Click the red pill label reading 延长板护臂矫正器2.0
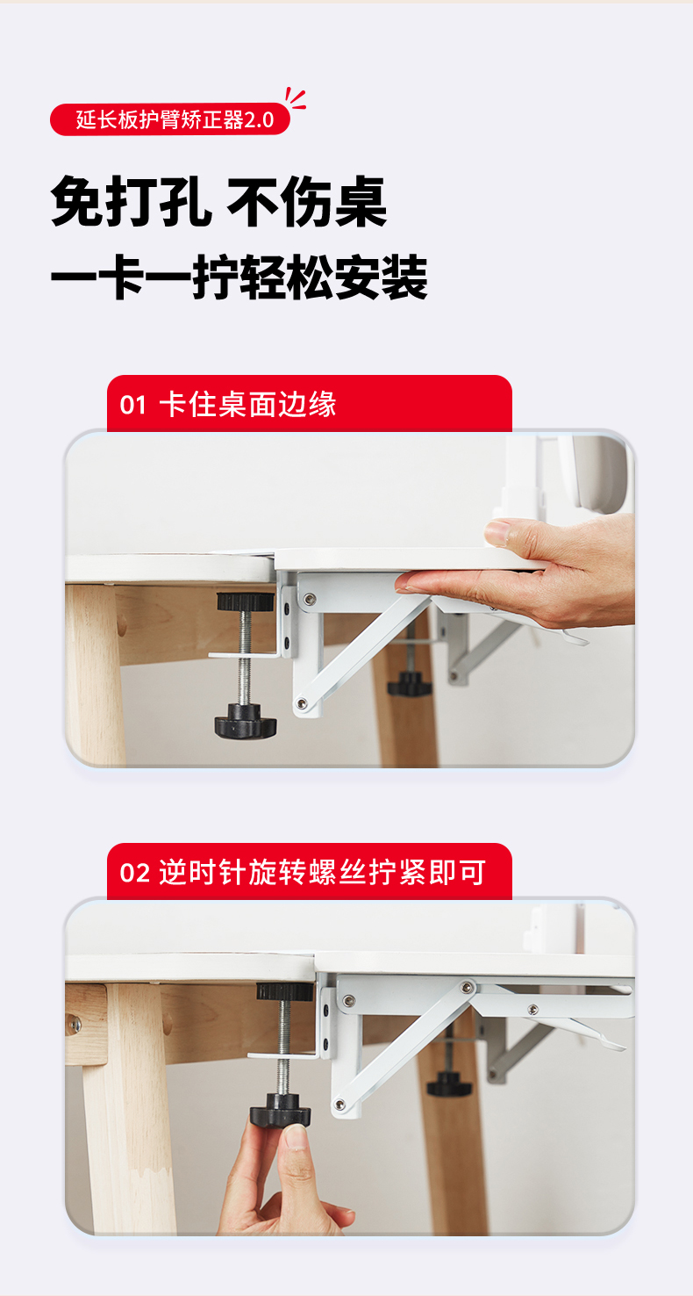click(170, 119)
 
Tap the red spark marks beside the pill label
click(296, 99)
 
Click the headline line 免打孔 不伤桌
click(219, 201)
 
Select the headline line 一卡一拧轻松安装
click(239, 277)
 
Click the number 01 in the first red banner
click(133, 405)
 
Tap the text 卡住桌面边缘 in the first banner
click(247, 405)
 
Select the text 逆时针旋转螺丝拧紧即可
click(322, 872)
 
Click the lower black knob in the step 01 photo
click(246, 720)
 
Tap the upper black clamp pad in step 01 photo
click(246, 601)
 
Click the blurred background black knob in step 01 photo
click(409, 684)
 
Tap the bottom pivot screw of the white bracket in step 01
click(301, 703)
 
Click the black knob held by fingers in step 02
click(281, 1110)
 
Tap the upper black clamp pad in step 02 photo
click(284, 991)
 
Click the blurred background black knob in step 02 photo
click(449, 1084)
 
